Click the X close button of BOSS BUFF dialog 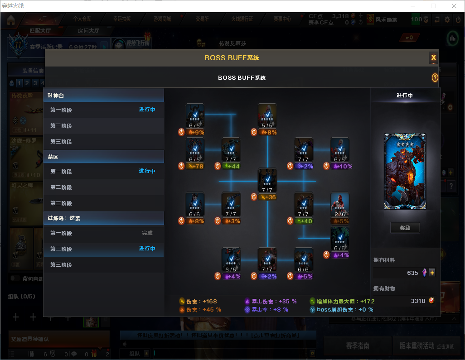point(433,58)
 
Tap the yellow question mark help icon point(435,78)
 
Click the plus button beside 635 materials point(432,273)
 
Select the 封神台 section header point(104,95)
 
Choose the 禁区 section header point(104,157)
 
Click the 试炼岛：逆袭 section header point(104,218)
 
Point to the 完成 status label point(147,233)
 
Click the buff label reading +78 point(197,166)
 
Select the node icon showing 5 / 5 point(267,116)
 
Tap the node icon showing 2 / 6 point(339,205)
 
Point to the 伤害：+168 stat point(199,301)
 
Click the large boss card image point(405,171)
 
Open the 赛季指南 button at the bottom point(358,346)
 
